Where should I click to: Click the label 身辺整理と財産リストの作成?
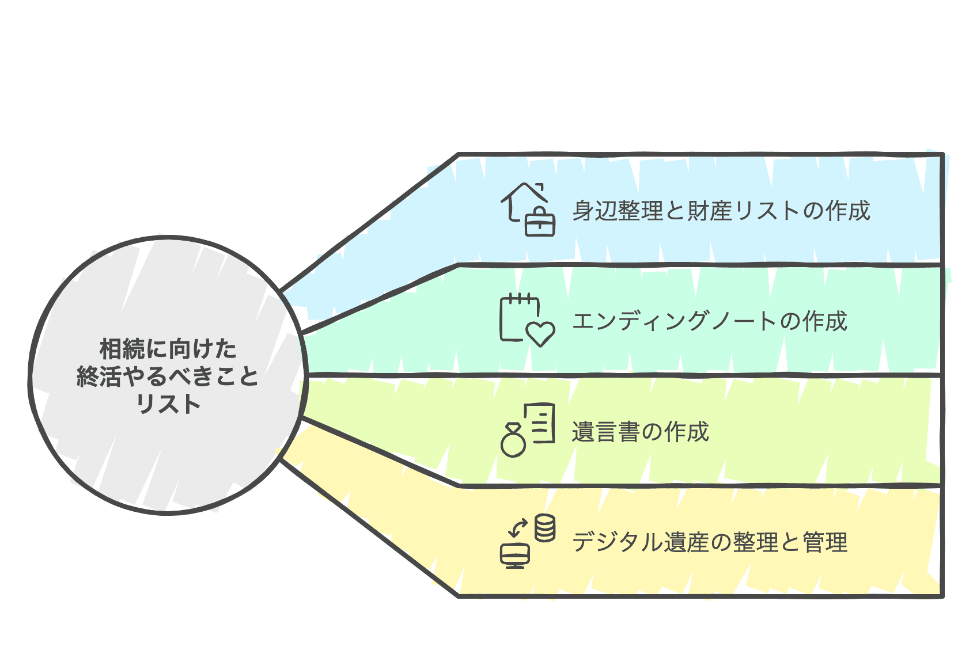(721, 211)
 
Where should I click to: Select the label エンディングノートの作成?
(709, 321)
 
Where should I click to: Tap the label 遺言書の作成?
(640, 432)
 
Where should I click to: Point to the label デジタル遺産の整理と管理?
(710, 542)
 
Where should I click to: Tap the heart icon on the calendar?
(541, 333)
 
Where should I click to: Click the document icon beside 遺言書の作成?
(540, 423)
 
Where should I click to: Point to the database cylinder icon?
(544, 528)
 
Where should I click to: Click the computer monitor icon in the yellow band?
(515, 555)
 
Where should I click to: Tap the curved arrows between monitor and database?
(518, 527)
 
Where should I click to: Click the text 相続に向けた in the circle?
(168, 349)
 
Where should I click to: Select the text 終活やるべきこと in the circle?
(168, 377)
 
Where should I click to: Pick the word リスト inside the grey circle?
(168, 404)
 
